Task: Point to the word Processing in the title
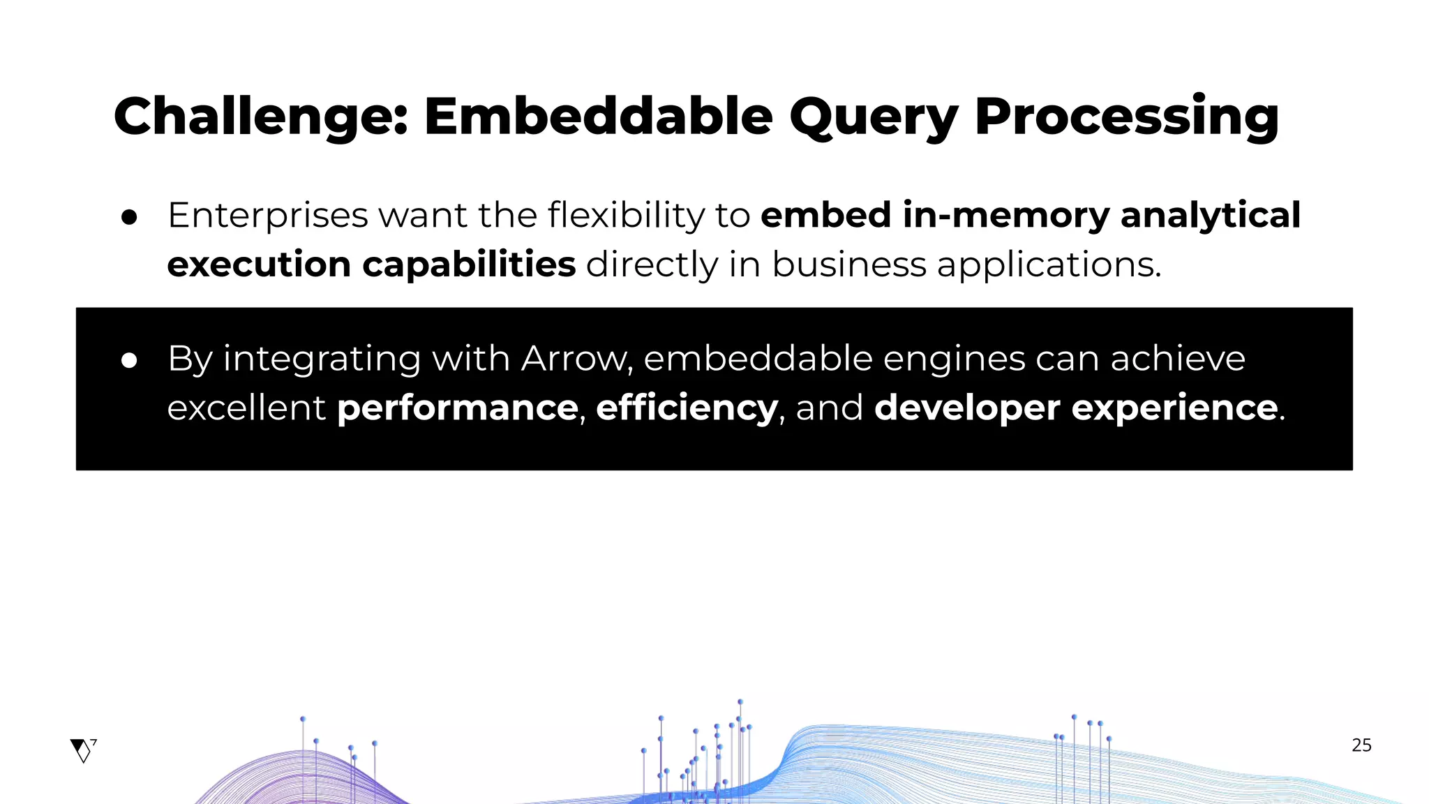pos(1126,116)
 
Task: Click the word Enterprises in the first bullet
pos(267,215)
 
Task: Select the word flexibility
pos(627,215)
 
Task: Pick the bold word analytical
pos(1210,215)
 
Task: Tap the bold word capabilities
pos(469,265)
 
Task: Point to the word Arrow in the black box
pos(576,359)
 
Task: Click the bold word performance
pos(458,408)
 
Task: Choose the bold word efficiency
pos(687,408)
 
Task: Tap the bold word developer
pos(966,408)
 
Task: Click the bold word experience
pos(1174,408)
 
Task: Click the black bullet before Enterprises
pos(129,217)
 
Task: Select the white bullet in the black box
pos(129,360)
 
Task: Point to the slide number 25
pos(1361,745)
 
